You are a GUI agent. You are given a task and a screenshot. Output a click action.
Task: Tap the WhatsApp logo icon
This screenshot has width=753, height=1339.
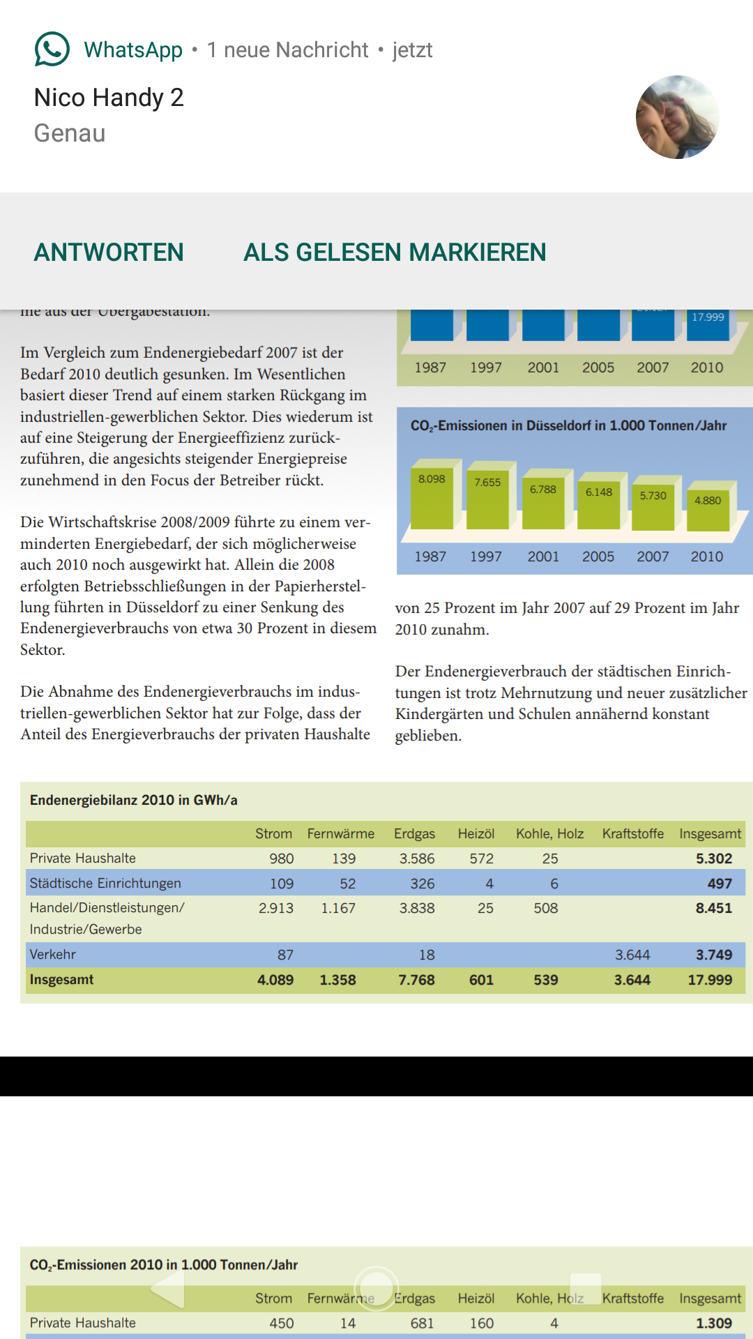point(52,50)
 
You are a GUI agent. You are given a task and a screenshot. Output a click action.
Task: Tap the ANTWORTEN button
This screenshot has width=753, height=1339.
point(109,252)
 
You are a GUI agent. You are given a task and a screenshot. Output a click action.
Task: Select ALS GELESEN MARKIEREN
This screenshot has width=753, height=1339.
point(395,252)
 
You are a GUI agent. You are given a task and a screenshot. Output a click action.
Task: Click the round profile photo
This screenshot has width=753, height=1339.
point(677,117)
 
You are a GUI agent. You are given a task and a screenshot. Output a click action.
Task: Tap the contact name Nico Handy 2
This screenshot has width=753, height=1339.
point(109,98)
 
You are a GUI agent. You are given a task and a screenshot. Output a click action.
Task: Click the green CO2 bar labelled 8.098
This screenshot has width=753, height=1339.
point(432,495)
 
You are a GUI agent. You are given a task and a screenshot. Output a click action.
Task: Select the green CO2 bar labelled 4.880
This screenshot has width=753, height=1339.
point(708,508)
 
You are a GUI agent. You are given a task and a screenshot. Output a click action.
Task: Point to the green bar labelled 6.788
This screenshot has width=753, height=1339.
point(543,501)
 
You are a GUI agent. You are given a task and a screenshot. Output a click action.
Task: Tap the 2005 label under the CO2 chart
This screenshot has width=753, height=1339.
point(598,557)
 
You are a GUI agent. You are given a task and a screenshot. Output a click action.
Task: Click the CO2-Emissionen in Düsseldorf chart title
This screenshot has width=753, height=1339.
point(568,425)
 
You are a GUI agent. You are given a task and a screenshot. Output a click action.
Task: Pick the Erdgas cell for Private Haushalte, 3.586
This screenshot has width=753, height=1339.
point(417,858)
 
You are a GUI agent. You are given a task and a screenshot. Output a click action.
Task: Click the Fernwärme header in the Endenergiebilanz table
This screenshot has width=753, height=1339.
point(341,833)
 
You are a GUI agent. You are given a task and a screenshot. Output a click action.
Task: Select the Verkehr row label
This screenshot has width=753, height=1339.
point(53,954)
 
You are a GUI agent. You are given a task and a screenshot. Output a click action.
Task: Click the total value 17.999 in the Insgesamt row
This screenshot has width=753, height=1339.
point(710,980)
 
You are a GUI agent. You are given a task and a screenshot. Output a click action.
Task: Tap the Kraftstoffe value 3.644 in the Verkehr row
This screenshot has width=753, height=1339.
point(632,955)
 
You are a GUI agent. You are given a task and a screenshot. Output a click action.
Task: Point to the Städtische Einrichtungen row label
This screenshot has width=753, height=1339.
point(105,884)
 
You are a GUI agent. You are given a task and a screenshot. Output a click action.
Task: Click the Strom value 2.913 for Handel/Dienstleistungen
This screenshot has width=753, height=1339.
point(276,908)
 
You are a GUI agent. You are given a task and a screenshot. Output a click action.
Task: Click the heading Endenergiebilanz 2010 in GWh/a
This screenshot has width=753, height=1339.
point(134,800)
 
